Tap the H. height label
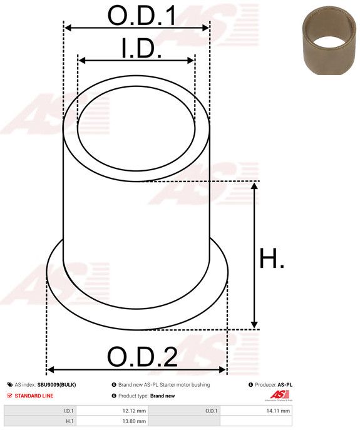click(x=272, y=259)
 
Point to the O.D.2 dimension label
click(x=142, y=357)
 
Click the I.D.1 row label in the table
click(x=68, y=411)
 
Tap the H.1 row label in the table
click(x=69, y=421)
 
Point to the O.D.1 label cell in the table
click(x=212, y=411)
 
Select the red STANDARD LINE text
click(x=34, y=396)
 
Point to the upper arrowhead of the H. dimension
click(x=254, y=186)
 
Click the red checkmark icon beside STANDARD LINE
click(x=9, y=396)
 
